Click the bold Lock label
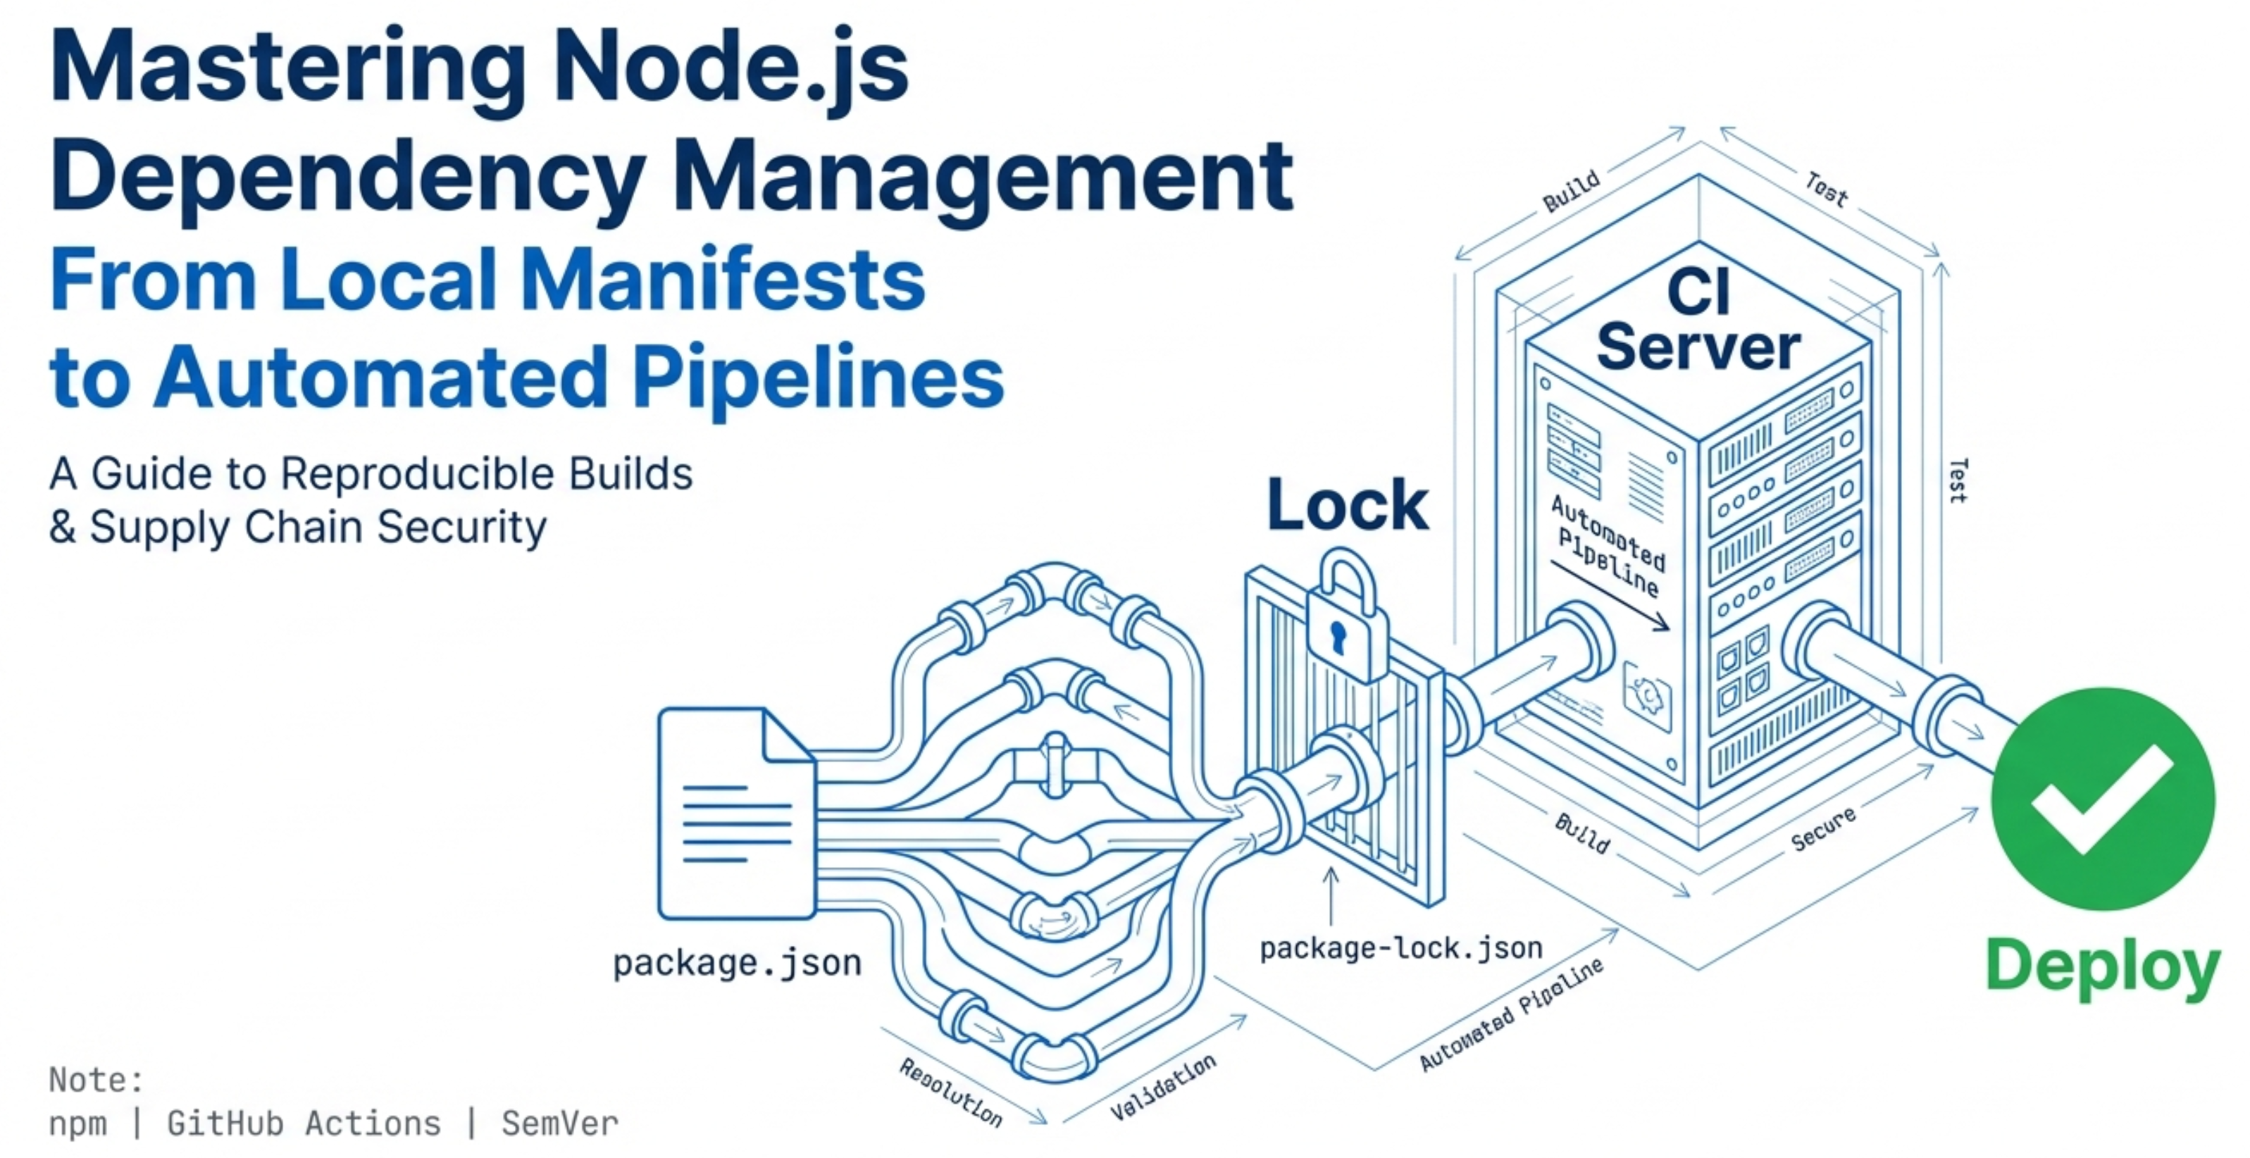pos(1347,505)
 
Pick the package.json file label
pos(736,964)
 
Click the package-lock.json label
pos(1400,948)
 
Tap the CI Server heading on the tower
pos(1698,320)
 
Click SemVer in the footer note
pos(559,1124)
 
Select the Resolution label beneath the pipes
pos(950,1092)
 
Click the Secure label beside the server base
pos(1823,830)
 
